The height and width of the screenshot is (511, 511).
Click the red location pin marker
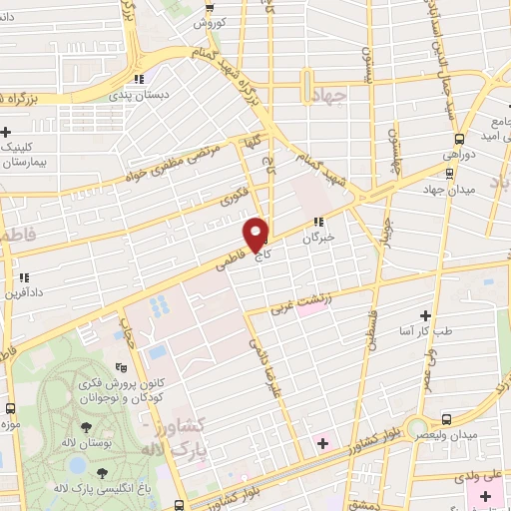coord(257,235)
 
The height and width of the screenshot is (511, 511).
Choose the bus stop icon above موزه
coord(10,407)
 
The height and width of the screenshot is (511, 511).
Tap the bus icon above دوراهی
coord(458,139)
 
